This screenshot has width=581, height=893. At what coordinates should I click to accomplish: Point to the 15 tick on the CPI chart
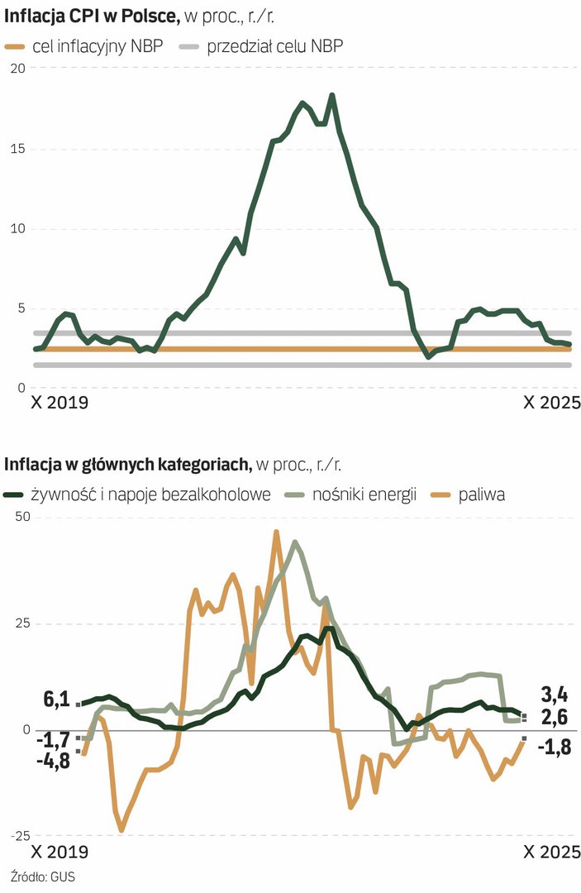(16, 149)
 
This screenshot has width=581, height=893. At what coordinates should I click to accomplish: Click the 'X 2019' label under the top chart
(59, 404)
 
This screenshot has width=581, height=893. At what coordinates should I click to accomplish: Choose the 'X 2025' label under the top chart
(552, 404)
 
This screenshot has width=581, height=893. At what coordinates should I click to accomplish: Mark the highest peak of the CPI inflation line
(332, 95)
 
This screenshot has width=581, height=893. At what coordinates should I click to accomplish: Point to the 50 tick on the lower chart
(16, 518)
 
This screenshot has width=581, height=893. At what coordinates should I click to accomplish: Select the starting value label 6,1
(55, 700)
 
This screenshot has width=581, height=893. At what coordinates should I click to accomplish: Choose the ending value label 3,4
(553, 693)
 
